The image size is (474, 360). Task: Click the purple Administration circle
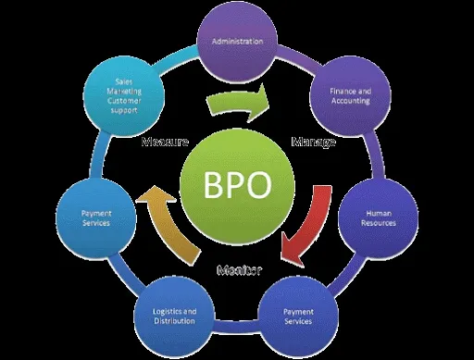238,42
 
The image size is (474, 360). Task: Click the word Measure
166,143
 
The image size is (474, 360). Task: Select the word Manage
313,143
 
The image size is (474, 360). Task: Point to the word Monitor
239,270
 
